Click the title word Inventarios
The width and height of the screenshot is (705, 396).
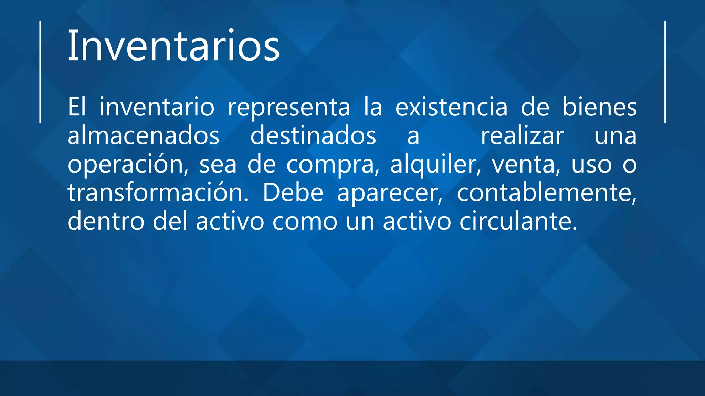coord(173,46)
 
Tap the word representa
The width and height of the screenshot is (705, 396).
coord(289,107)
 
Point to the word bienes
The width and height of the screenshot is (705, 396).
coord(599,107)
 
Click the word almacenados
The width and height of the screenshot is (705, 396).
coord(143,136)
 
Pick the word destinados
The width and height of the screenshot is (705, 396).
coord(313,136)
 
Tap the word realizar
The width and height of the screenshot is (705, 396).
coord(522,136)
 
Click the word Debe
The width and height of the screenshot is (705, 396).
coord(293,193)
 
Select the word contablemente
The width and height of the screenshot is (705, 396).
coord(547,193)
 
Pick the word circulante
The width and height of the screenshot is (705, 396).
coord(518,221)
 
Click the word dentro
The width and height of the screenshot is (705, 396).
coord(106,221)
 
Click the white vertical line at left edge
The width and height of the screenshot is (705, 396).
coord(40,72)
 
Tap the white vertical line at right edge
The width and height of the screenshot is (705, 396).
coord(665,72)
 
